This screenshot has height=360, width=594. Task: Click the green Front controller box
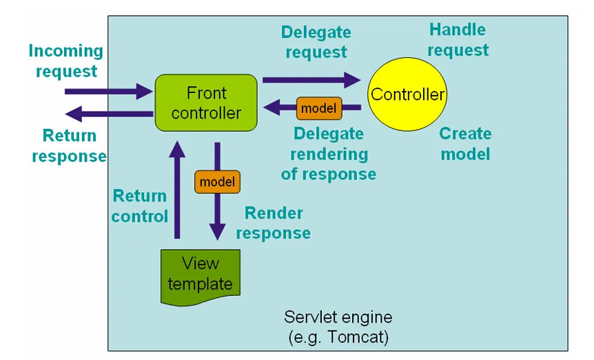click(206, 103)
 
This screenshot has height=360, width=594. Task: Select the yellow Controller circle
click(408, 94)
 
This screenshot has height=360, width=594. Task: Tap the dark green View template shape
click(201, 274)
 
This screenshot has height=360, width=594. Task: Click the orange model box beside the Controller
click(319, 108)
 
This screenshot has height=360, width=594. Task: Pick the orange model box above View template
click(217, 182)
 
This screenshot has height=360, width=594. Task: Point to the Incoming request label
click(66, 61)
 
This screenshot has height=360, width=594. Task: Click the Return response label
click(69, 146)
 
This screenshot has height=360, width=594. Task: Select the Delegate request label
click(316, 42)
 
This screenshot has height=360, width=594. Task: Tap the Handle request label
click(458, 39)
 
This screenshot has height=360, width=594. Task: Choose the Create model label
click(465, 143)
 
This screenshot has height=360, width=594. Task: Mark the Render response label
click(274, 223)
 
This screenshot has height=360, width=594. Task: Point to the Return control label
click(140, 206)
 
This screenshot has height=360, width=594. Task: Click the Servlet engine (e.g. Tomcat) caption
click(338, 328)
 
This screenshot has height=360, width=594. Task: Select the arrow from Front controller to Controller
click(310, 80)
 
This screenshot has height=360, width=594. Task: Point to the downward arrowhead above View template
click(218, 232)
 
